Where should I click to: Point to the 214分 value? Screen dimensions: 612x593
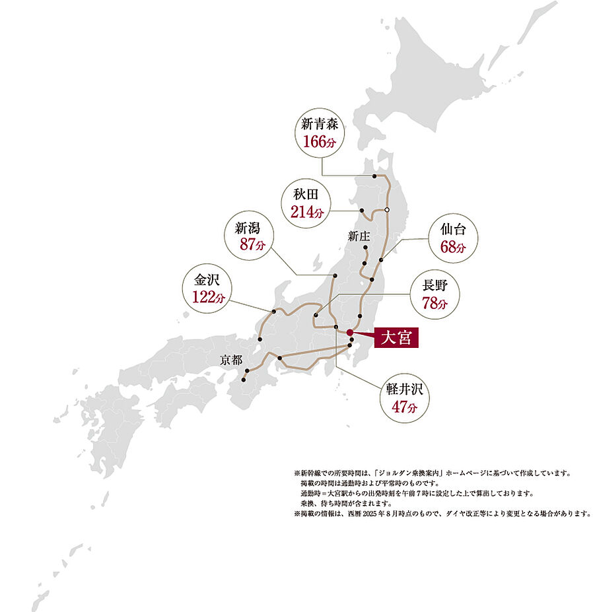click(x=307, y=212)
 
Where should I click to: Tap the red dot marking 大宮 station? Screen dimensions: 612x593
click(x=350, y=333)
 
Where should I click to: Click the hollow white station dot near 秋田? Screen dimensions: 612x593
click(x=387, y=210)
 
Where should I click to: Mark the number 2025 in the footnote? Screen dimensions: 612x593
click(x=388, y=513)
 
